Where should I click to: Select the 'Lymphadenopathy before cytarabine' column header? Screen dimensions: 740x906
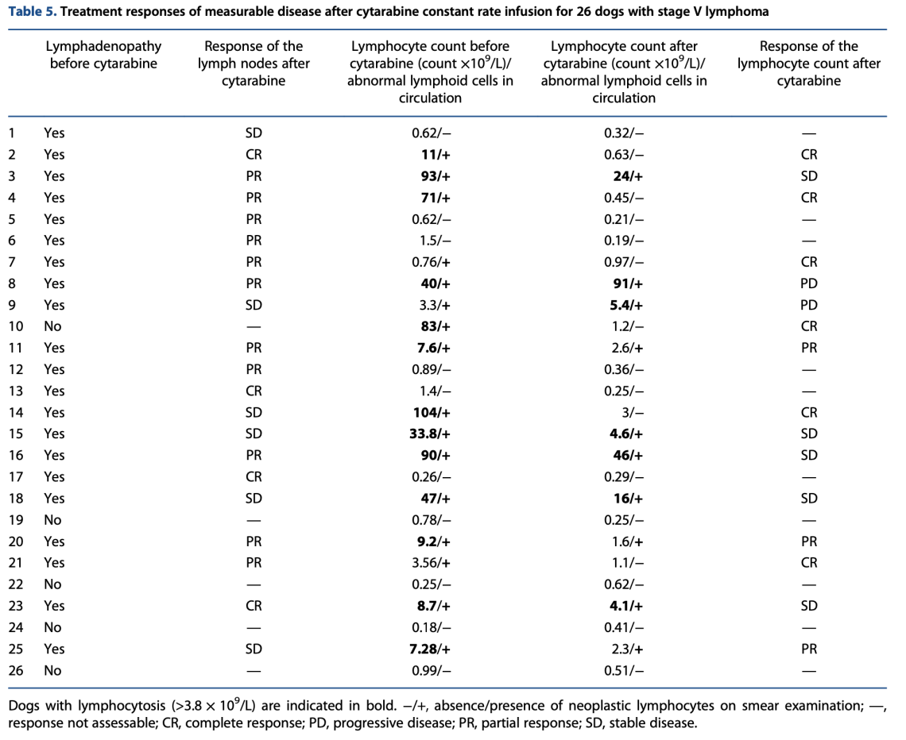pyautogui.click(x=103, y=55)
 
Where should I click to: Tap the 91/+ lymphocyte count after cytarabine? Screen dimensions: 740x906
pyautogui.click(x=624, y=283)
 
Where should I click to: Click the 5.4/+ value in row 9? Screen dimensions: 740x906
pyautogui.click(x=624, y=305)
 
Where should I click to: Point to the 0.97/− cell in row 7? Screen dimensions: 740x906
pyautogui.click(x=624, y=262)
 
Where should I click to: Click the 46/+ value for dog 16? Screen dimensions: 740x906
pyautogui.click(x=624, y=455)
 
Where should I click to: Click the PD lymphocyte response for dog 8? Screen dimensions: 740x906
pyautogui.click(x=808, y=283)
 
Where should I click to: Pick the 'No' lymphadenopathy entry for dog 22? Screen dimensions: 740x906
pyautogui.click(x=52, y=584)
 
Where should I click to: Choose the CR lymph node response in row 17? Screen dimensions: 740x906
pyautogui.click(x=254, y=476)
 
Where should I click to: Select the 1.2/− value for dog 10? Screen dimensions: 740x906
pyautogui.click(x=624, y=326)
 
